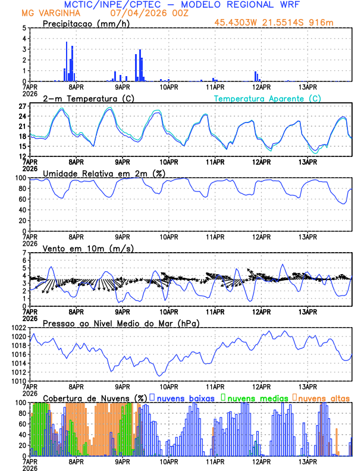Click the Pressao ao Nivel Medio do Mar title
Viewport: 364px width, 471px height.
pos(121,323)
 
